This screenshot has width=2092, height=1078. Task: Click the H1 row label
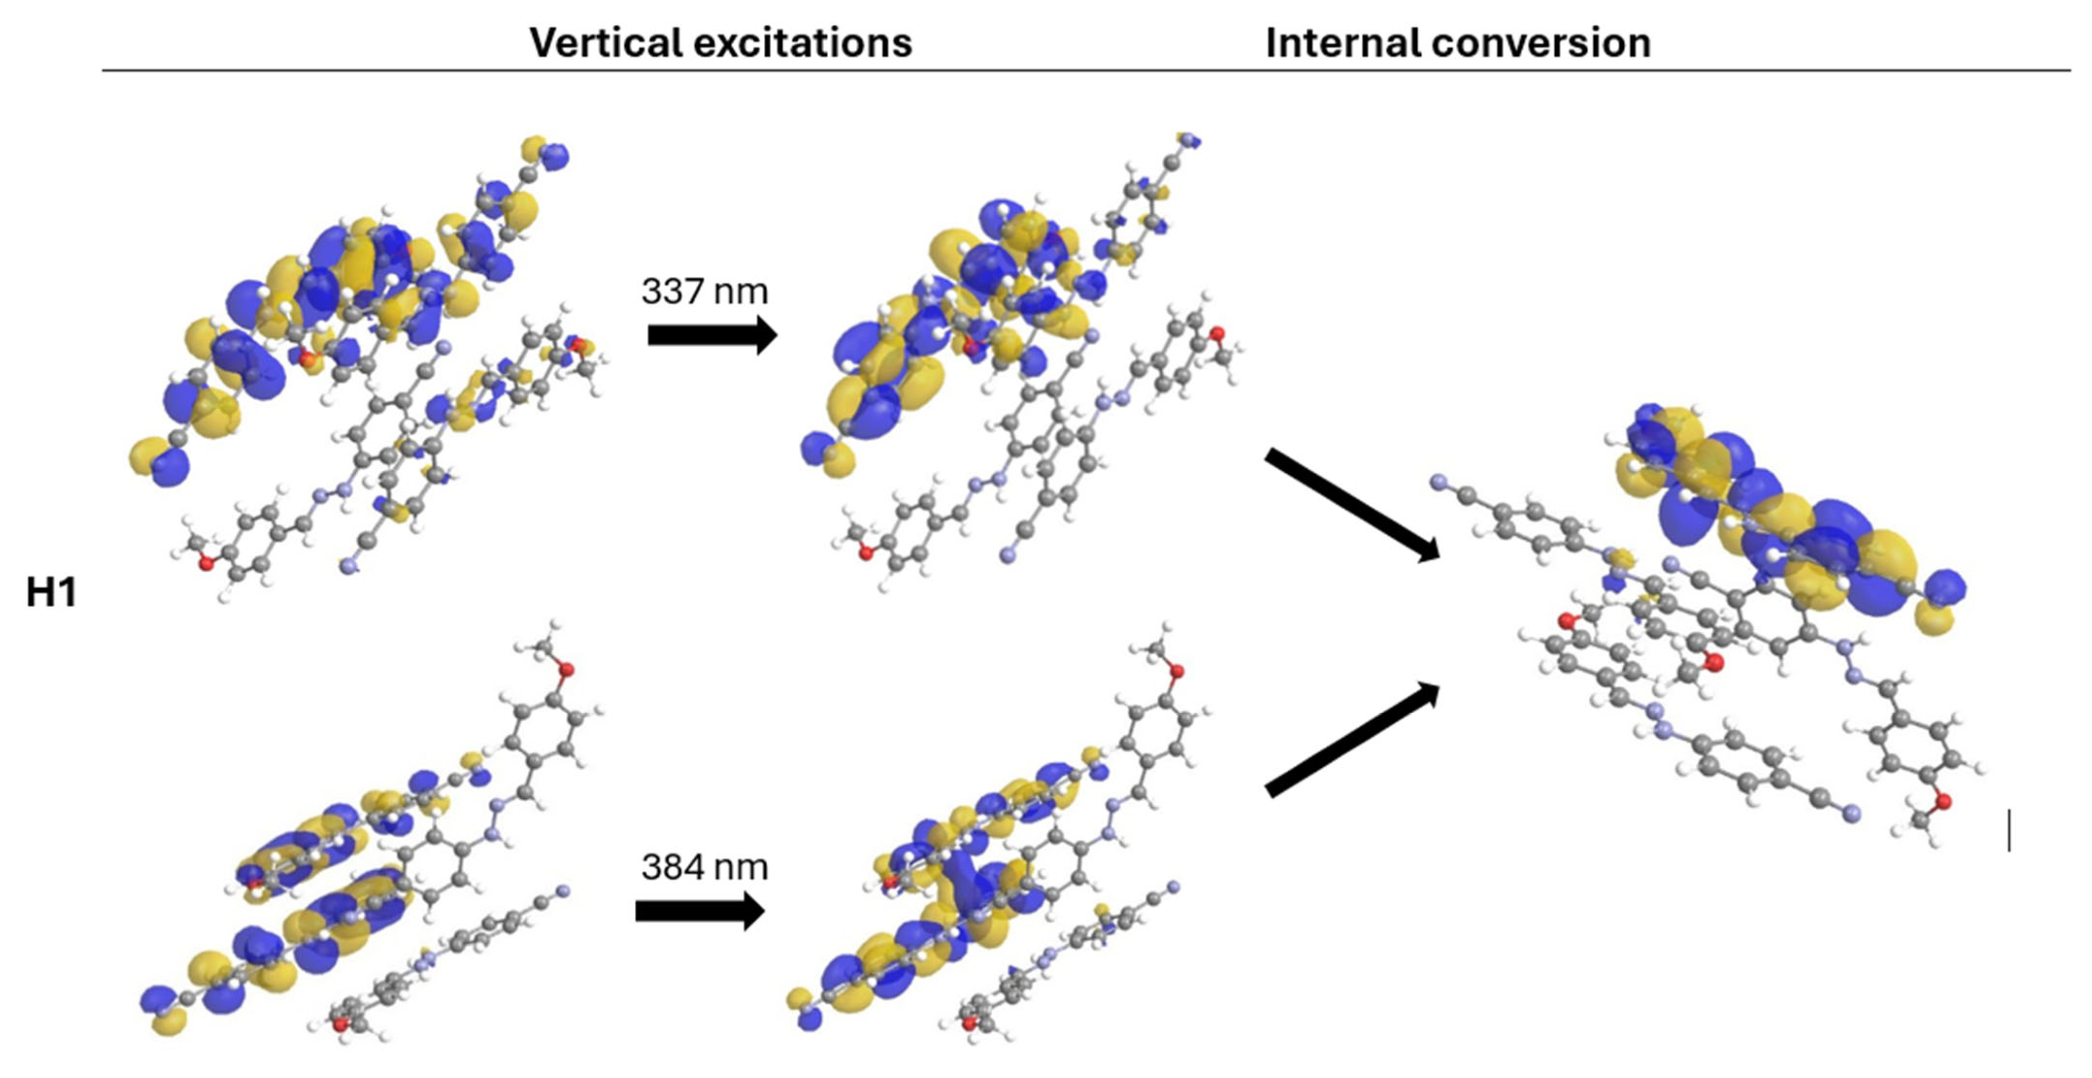(51, 592)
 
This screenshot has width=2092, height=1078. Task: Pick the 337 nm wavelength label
(704, 291)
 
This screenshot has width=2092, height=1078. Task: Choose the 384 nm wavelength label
(704, 867)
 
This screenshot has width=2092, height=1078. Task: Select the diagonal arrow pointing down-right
(1351, 504)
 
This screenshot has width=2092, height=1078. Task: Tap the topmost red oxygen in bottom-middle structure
(1177, 670)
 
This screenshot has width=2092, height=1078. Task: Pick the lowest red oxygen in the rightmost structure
(1944, 802)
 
